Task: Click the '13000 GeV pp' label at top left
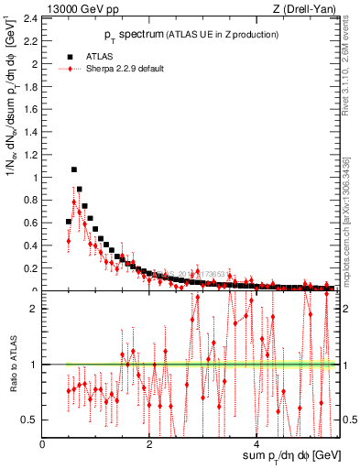[81, 9]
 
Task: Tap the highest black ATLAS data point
[74, 169]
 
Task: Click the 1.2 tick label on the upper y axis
[32, 154]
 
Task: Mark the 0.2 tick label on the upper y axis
[32, 268]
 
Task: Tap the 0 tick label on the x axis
[43, 443]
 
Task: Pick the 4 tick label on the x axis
[259, 443]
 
